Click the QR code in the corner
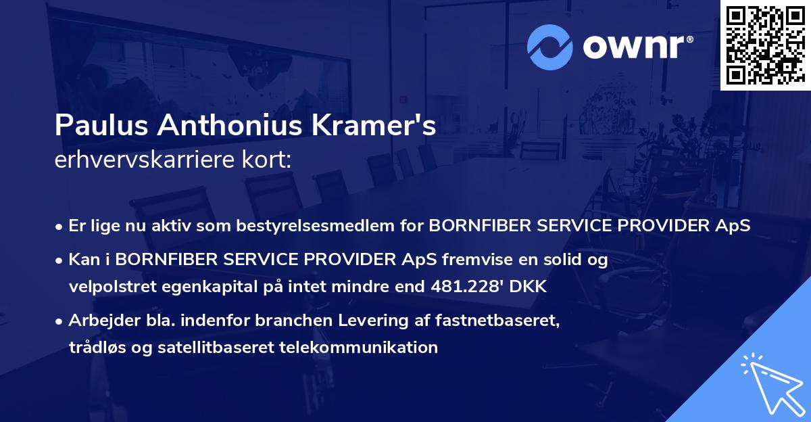[765, 45]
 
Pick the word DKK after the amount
[531, 287]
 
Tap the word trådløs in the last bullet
[95, 348]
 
